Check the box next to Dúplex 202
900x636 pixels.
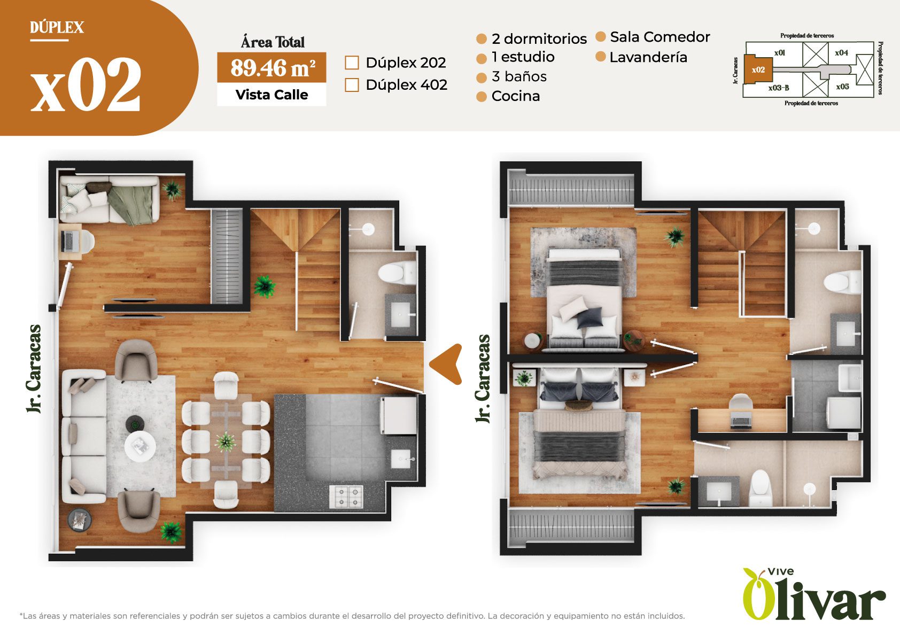pyautogui.click(x=352, y=63)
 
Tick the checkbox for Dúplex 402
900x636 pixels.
pyautogui.click(x=352, y=85)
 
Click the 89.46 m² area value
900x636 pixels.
pyautogui.click(x=273, y=68)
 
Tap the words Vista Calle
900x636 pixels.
pyautogui.click(x=271, y=95)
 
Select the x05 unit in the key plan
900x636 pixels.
pyautogui.click(x=842, y=87)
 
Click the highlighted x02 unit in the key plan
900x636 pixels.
pyautogui.click(x=758, y=69)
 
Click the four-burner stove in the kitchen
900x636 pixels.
pyautogui.click(x=346, y=497)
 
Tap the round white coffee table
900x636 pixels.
pyautogui.click(x=140, y=446)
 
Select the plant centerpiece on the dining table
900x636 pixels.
pyautogui.click(x=226, y=441)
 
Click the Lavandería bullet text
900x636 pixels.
pyautogui.click(x=648, y=57)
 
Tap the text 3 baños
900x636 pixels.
pyautogui.click(x=519, y=76)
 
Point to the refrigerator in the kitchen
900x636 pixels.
pyautogui.click(x=399, y=415)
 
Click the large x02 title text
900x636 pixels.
pyautogui.click(x=86, y=84)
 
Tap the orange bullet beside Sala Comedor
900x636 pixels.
pyautogui.click(x=600, y=37)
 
